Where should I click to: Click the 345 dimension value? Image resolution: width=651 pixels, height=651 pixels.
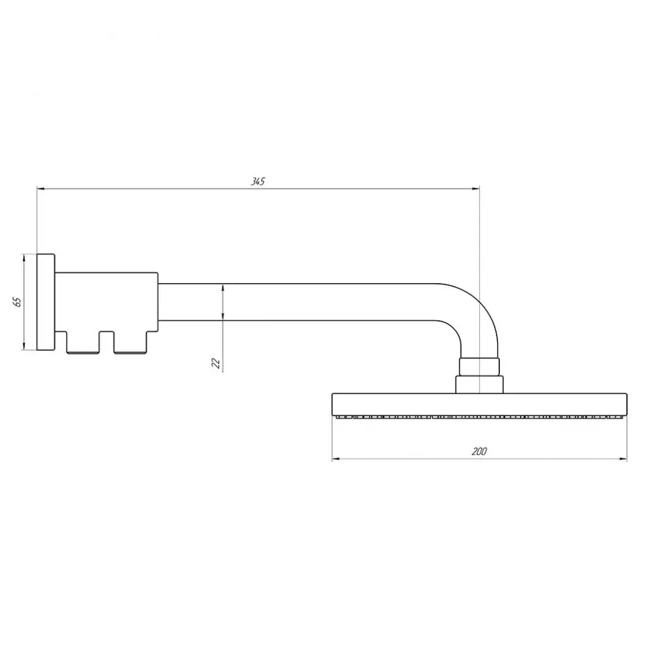tap(258, 181)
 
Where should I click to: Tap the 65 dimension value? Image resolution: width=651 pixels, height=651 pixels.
tap(17, 302)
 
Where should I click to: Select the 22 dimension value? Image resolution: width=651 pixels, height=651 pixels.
tap(216, 363)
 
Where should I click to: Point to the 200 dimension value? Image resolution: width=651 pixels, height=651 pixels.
tap(479, 451)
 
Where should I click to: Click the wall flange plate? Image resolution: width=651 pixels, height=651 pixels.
tap(46, 302)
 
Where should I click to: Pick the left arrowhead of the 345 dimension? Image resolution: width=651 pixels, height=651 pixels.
tap(40, 189)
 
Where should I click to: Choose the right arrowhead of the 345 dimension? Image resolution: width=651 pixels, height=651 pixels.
tap(476, 189)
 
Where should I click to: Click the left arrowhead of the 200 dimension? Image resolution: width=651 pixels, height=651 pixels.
tap(336, 459)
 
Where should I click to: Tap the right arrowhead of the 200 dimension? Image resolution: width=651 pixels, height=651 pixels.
tap(623, 459)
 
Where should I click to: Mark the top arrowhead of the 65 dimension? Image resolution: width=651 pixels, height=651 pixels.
tap(24, 258)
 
